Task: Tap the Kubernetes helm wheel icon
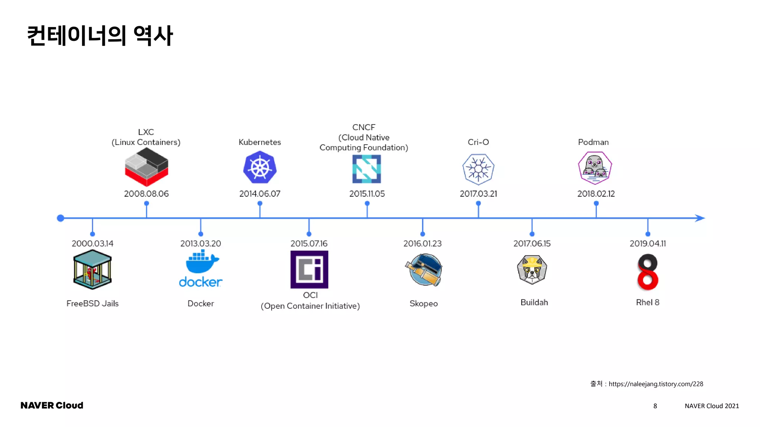(260, 168)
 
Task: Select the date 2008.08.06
(146, 193)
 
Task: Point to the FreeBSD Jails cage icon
(92, 269)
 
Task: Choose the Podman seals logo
(595, 168)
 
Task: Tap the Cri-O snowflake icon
(478, 169)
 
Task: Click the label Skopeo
(423, 303)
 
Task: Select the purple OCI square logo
(309, 269)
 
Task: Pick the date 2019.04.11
(648, 244)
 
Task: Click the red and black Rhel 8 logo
(648, 272)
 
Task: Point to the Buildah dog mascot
(532, 270)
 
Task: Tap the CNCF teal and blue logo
(367, 169)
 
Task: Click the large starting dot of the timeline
(60, 218)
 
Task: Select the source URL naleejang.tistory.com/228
(655, 384)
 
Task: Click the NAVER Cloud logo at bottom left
(52, 406)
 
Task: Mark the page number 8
(655, 406)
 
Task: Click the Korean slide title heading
(100, 36)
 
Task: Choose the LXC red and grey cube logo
(146, 167)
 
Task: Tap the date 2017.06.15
(532, 244)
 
